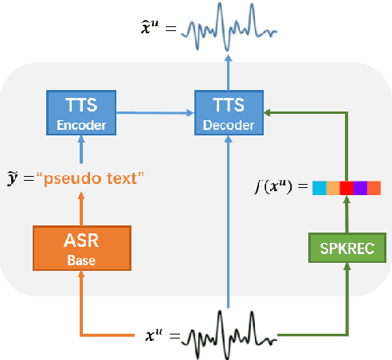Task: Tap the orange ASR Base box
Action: pyautogui.click(x=80, y=248)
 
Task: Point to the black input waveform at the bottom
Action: pyautogui.click(x=229, y=338)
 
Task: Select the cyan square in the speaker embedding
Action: pyautogui.click(x=319, y=188)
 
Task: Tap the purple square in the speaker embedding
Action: pyautogui.click(x=359, y=188)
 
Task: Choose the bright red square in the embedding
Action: pyautogui.click(x=346, y=188)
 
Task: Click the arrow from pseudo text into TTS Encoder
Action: pyautogui.click(x=80, y=151)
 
